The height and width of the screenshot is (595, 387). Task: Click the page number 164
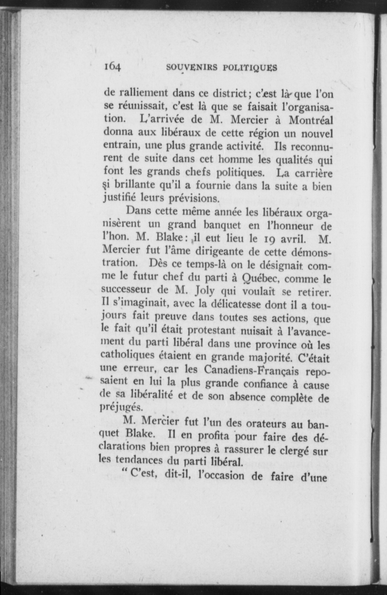coord(112,66)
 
